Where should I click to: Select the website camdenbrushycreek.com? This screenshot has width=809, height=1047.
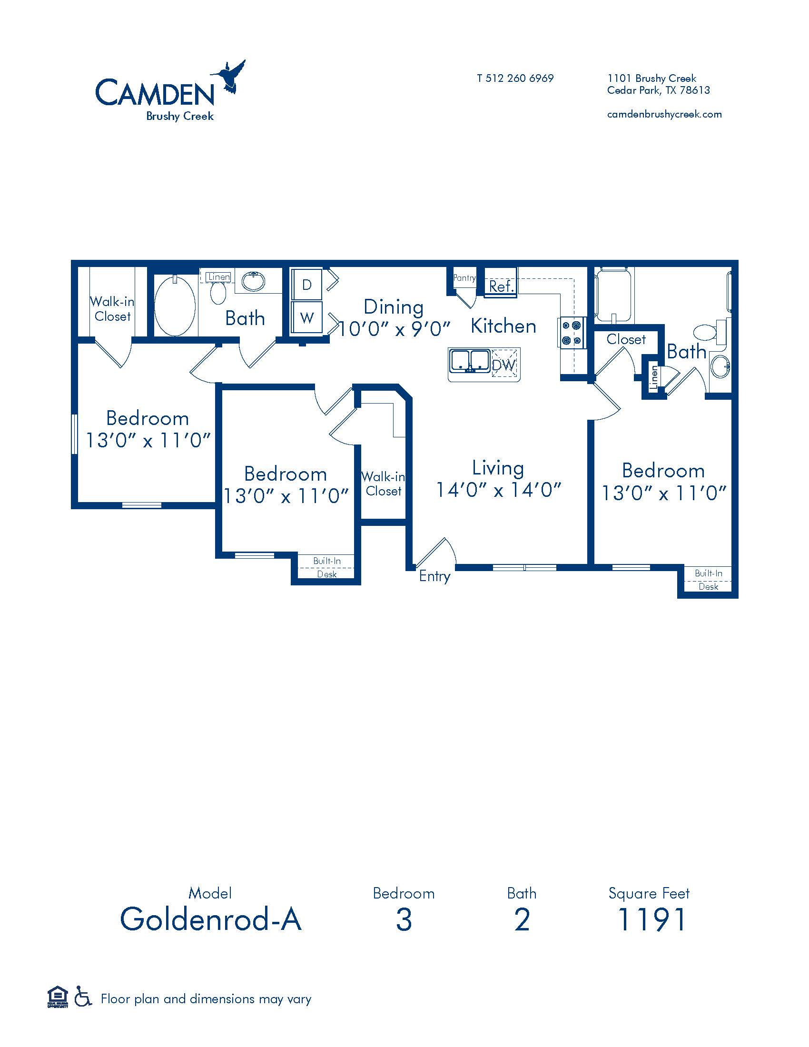pos(664,114)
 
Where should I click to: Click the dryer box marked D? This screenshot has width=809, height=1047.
pos(307,285)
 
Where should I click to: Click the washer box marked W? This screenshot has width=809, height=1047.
pos(307,317)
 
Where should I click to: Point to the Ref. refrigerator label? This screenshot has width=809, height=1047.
pos(501,286)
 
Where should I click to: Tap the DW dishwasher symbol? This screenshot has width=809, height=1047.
pos(503,365)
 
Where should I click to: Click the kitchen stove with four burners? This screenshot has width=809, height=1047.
pos(572,333)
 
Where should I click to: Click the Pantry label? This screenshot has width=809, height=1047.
pos(464,277)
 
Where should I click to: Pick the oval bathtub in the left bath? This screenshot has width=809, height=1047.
pos(175,306)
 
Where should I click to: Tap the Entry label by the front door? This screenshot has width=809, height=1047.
pos(434,576)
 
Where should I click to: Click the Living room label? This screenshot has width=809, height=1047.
pos(498,468)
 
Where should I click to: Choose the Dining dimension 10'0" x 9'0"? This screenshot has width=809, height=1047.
pos(395,329)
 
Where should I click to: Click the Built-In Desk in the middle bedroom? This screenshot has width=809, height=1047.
pos(327,567)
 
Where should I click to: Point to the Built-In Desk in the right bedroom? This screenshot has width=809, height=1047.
pos(708,580)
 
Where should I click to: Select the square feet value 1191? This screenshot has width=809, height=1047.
pos(651,919)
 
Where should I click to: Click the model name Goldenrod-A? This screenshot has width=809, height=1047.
pos(211,919)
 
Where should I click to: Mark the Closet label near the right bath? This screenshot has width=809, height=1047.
pos(626,339)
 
